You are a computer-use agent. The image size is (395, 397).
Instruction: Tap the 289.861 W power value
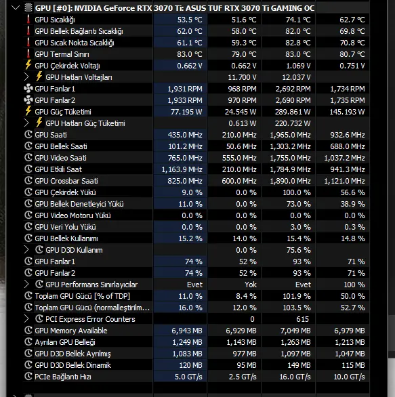pos(293,112)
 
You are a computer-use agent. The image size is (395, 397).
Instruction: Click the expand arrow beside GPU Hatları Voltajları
pos(26,77)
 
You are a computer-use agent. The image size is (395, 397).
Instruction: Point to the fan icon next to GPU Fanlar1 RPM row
pos(28,89)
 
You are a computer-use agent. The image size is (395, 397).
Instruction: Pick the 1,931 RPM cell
pos(185,89)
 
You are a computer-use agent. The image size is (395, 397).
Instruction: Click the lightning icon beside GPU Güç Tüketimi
pos(28,111)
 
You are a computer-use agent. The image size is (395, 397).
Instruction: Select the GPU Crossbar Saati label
pos(66,181)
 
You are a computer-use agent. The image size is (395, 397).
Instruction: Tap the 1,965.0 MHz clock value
pos(290,135)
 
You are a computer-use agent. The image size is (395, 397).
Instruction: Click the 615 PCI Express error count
pos(302,319)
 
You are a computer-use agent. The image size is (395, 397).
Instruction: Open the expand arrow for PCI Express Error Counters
pos(26,319)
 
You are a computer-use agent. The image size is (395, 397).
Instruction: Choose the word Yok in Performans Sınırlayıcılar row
pos(251,285)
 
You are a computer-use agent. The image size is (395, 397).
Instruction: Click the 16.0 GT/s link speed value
pos(295,377)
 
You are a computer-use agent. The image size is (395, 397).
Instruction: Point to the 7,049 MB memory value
pos(295,331)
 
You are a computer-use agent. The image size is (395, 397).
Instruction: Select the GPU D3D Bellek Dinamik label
pos(73,365)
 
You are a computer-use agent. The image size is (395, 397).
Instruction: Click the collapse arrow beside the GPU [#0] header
pos(16,8)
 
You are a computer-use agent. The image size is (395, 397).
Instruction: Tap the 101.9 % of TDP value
pos(297,296)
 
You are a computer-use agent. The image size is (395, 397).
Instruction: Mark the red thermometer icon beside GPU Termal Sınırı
pos(28,54)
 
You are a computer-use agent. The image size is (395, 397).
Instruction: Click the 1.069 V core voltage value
pos(298,66)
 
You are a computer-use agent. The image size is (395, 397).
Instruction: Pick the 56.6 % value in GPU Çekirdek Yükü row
pos(353,192)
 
